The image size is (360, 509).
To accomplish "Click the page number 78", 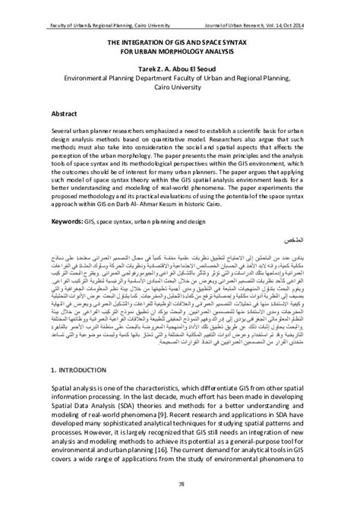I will [x=180, y=483].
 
